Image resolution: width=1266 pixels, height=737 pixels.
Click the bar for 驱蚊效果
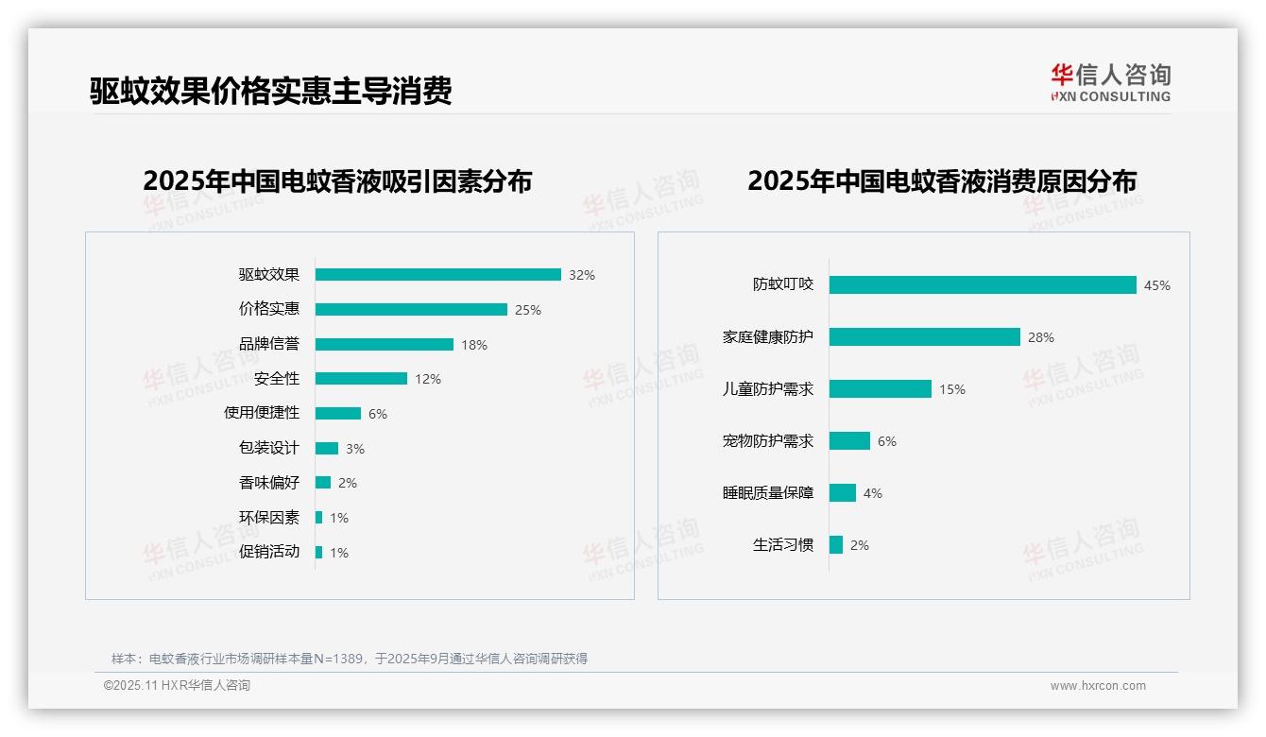tap(437, 275)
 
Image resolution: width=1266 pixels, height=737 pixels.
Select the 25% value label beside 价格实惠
tap(528, 310)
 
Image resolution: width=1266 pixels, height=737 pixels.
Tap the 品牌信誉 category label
tap(269, 344)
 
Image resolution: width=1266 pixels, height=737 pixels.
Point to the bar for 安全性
tap(361, 379)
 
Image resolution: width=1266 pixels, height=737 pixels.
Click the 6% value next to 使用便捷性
tap(378, 414)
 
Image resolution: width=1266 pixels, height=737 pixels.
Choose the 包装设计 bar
tap(327, 448)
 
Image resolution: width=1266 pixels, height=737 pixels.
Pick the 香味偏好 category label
tap(269, 483)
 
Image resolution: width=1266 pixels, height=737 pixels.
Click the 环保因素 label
tap(269, 518)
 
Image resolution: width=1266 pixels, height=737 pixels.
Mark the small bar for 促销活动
tap(319, 552)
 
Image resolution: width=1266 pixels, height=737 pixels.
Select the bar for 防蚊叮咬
tap(983, 285)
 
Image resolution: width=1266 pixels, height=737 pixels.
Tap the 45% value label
tap(1157, 285)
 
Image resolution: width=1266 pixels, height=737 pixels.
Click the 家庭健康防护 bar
tap(925, 337)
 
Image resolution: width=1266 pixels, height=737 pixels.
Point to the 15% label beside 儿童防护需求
tap(952, 389)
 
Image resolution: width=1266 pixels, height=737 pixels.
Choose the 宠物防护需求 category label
tap(768, 441)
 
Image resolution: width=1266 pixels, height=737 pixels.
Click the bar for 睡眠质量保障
tap(843, 493)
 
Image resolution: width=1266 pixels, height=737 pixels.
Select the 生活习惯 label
tap(783, 545)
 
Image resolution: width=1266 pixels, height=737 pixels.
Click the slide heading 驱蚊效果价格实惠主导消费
tap(271, 91)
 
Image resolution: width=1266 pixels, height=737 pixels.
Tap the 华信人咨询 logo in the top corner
tap(1110, 83)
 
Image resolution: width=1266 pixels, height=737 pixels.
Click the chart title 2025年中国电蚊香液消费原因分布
tap(942, 180)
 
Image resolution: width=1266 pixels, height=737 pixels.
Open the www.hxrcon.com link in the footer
tap(1098, 686)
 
